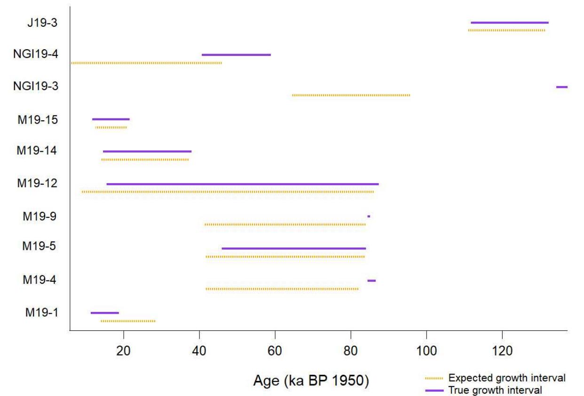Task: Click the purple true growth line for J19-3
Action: [x=509, y=23]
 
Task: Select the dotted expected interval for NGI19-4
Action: [x=146, y=63]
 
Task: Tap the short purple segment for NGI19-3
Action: [x=561, y=87]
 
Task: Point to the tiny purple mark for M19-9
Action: [x=369, y=216]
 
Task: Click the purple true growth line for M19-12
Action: [x=242, y=184]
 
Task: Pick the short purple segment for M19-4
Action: [x=371, y=280]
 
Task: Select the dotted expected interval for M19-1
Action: [x=128, y=321]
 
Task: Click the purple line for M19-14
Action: [x=147, y=151]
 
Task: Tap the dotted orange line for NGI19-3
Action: [x=351, y=95]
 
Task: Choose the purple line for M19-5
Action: [x=293, y=248]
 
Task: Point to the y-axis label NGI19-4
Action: [x=35, y=54]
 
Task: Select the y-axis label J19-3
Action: [x=43, y=22]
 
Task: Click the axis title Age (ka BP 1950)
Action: [x=311, y=381]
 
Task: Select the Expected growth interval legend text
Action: [x=507, y=378]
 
